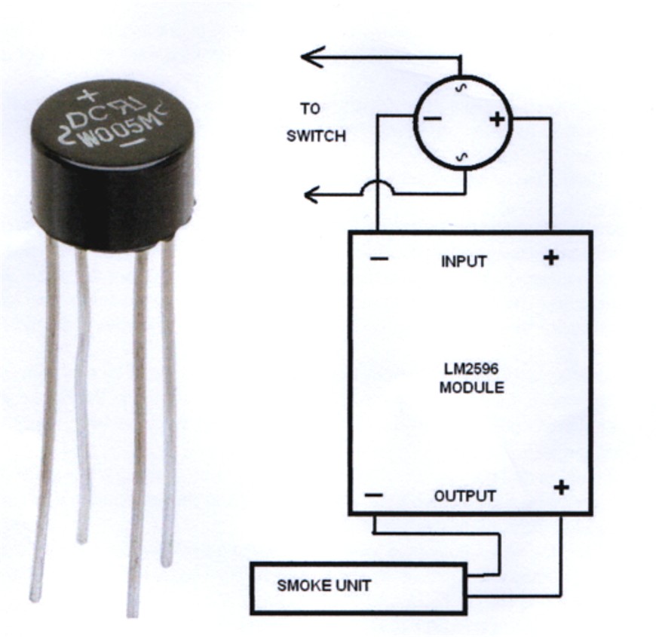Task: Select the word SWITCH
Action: pos(316,136)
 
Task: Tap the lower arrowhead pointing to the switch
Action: pos(312,194)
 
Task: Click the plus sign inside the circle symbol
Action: pos(497,120)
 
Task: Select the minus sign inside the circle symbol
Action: pos(433,119)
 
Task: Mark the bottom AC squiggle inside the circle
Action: pos(463,157)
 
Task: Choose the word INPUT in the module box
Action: pos(464,262)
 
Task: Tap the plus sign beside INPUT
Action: pos(551,257)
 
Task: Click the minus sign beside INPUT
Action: pos(379,259)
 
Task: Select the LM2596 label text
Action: pos(471,369)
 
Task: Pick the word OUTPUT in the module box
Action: pos(465,496)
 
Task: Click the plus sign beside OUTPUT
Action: pos(562,488)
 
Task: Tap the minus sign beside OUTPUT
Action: pos(373,495)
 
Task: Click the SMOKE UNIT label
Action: pos(323,586)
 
